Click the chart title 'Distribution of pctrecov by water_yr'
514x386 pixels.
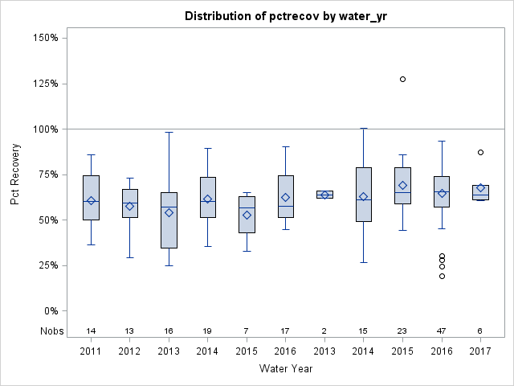[x=285, y=16]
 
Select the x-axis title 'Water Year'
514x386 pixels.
[x=285, y=368]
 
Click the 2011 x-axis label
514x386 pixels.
[x=91, y=351]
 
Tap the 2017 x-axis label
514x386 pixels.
[x=480, y=351]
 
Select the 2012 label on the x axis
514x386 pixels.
[x=129, y=351]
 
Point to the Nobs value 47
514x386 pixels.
[x=442, y=331]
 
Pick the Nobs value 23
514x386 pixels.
[x=402, y=331]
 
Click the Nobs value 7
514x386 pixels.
[x=247, y=331]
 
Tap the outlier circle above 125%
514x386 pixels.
[x=402, y=79]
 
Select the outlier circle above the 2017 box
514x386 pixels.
[x=480, y=152]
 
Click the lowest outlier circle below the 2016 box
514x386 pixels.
[x=442, y=276]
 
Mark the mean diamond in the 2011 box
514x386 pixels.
[x=91, y=201]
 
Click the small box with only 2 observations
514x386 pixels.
[x=324, y=194]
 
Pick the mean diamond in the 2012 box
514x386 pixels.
[x=129, y=206]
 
